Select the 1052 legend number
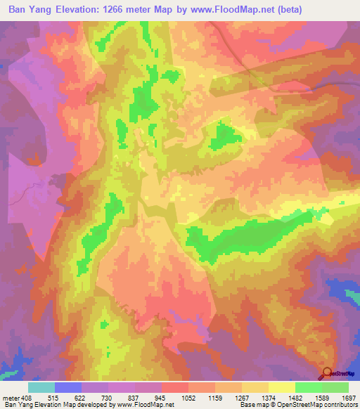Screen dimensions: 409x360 (x=188, y=398)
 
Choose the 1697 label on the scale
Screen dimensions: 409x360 (x=347, y=398)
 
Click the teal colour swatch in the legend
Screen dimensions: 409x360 (x=41, y=387)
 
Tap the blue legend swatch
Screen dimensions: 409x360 (x=68, y=387)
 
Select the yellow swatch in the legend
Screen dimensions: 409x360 (x=281, y=387)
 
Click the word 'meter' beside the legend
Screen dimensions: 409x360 (x=11, y=398)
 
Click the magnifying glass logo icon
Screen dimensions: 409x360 (x=328, y=373)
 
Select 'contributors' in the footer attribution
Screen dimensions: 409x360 (x=340, y=405)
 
